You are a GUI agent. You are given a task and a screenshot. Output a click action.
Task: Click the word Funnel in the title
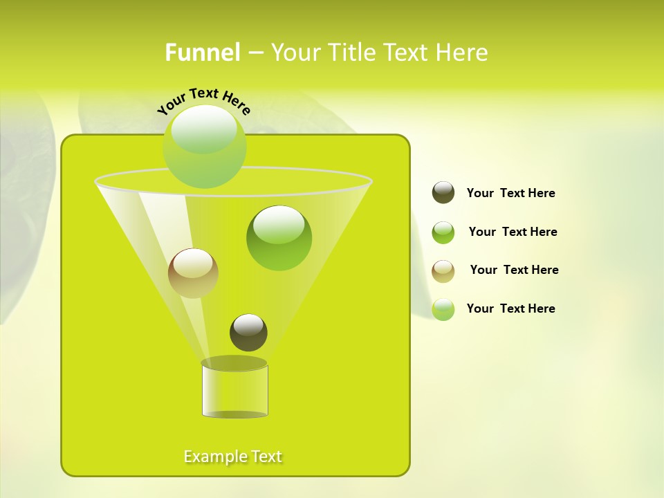(202, 53)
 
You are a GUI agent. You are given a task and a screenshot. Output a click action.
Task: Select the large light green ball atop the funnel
(205, 147)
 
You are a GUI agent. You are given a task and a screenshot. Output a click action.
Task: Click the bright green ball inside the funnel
(279, 238)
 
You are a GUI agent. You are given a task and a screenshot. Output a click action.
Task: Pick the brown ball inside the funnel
(193, 273)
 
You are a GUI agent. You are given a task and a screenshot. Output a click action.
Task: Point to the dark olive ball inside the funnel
(248, 332)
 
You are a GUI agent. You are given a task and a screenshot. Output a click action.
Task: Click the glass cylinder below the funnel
(234, 391)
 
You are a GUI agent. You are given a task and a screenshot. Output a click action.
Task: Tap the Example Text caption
(233, 456)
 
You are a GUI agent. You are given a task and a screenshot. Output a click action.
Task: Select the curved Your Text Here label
(203, 101)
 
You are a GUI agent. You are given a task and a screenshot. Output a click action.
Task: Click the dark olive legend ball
(443, 193)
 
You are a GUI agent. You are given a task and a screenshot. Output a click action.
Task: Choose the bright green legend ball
(443, 232)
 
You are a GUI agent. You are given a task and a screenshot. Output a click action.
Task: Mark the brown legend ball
(443, 271)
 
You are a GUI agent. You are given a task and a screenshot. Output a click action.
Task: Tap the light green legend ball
(443, 309)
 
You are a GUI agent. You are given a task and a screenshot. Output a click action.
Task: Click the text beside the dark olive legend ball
(510, 194)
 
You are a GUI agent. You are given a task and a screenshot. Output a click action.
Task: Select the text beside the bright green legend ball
(513, 232)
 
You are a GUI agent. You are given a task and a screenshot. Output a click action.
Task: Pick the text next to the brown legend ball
(514, 270)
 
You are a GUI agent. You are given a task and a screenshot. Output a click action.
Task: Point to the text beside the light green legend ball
(510, 308)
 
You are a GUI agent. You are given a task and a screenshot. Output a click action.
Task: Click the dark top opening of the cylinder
(234, 363)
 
